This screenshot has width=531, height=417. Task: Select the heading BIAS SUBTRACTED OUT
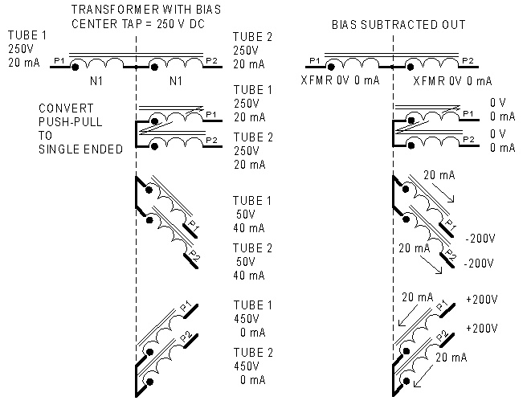(x=398, y=24)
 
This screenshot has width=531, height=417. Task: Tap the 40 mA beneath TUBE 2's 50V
(x=248, y=276)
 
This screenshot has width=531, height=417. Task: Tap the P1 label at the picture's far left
(x=58, y=60)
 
